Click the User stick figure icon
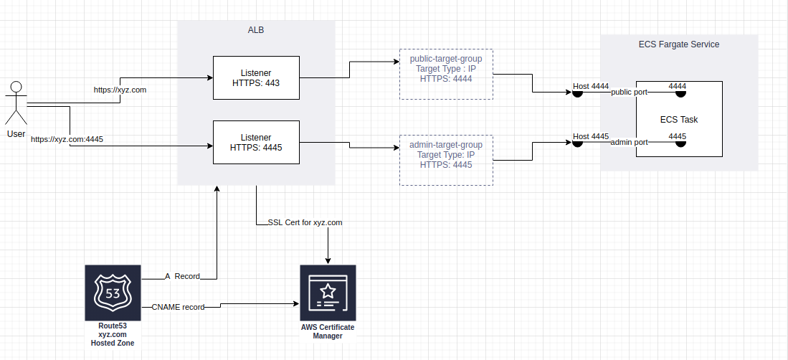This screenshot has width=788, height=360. [15, 104]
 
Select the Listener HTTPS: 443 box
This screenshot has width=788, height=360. [256, 78]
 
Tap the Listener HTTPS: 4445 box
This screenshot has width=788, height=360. [256, 143]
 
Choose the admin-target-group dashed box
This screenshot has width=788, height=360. [445, 160]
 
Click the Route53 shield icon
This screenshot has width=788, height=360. [112, 293]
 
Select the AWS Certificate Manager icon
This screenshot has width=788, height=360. [328, 293]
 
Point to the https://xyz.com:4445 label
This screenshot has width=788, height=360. [67, 139]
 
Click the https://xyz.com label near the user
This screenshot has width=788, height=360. [120, 90]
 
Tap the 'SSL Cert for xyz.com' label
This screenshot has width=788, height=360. [305, 223]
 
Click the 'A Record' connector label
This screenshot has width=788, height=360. [182, 276]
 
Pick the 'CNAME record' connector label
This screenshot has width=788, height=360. [178, 307]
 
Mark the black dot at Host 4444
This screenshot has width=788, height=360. [576, 93]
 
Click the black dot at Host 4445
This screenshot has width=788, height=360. [576, 142]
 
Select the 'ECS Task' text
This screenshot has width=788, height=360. [678, 120]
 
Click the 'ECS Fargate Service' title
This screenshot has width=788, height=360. [678, 44]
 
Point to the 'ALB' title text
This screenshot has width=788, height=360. [256, 29]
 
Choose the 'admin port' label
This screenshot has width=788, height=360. [629, 143]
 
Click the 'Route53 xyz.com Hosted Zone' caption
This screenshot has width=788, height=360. [112, 335]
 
